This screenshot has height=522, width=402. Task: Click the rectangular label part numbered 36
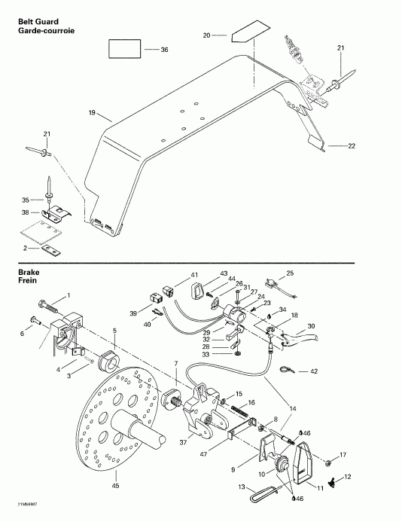pyautogui.click(x=126, y=50)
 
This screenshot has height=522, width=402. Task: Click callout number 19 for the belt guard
pyautogui.click(x=91, y=114)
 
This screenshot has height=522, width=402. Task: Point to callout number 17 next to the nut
pyautogui.click(x=343, y=456)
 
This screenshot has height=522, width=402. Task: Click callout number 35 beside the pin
pyautogui.click(x=26, y=200)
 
